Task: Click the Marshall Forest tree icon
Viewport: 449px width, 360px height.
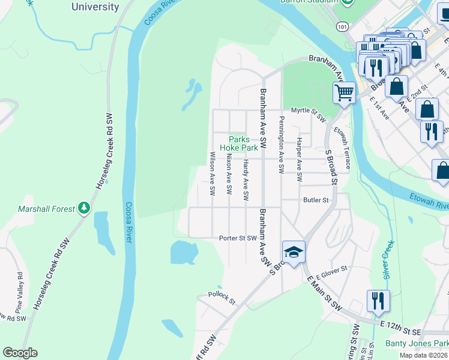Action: pos(85,208)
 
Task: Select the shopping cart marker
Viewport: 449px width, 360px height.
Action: pos(344,92)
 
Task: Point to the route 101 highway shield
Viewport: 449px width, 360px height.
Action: pos(342,27)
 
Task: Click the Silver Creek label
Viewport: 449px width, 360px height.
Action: pos(388,259)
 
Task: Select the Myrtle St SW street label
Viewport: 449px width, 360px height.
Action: pos(308,110)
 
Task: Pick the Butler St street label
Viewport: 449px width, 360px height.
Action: pos(316,200)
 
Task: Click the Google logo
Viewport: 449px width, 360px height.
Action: pos(20,353)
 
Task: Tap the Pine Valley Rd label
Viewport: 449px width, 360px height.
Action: pos(19,288)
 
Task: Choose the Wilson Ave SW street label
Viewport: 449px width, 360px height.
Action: pos(212,173)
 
